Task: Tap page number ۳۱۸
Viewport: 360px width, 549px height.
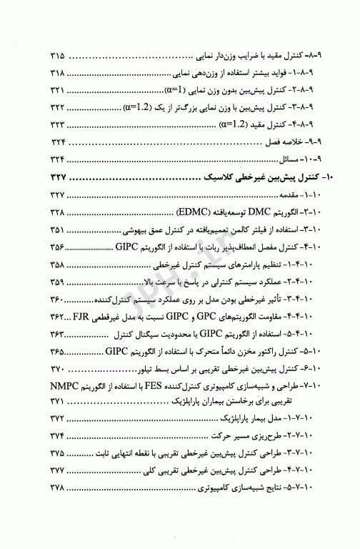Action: coord(58,72)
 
